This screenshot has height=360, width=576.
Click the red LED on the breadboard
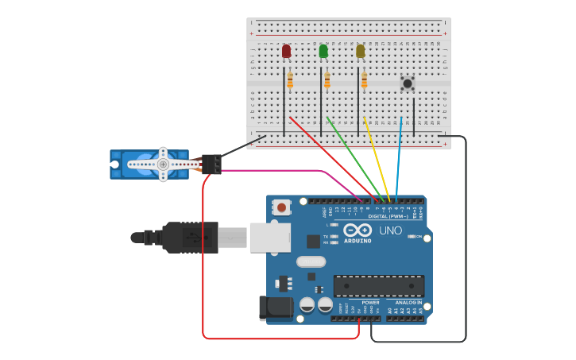pyautogui.click(x=286, y=52)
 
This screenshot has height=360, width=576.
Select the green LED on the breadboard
pyautogui.click(x=323, y=52)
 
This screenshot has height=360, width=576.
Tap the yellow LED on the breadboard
pyautogui.click(x=360, y=52)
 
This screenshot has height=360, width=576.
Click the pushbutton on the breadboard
pyautogui.click(x=408, y=83)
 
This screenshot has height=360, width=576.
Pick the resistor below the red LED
pyautogui.click(x=290, y=80)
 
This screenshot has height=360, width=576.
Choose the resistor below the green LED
pyautogui.click(x=327, y=80)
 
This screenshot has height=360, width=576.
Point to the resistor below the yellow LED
pyautogui.click(x=364, y=80)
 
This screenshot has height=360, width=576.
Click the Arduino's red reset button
pyautogui.click(x=280, y=207)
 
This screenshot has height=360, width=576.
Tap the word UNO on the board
pyautogui.click(x=390, y=230)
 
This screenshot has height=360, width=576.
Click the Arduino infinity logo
pyautogui.click(x=358, y=230)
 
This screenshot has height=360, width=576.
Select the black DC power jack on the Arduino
pyautogui.click(x=273, y=308)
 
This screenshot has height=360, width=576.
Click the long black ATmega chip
pyautogui.click(x=379, y=286)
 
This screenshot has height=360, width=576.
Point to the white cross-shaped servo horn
pyautogui.click(x=163, y=165)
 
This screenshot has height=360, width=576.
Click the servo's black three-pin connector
pyautogui.click(x=211, y=164)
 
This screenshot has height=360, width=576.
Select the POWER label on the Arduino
pyautogui.click(x=370, y=302)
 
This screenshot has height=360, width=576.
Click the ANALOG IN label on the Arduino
pyautogui.click(x=409, y=302)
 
